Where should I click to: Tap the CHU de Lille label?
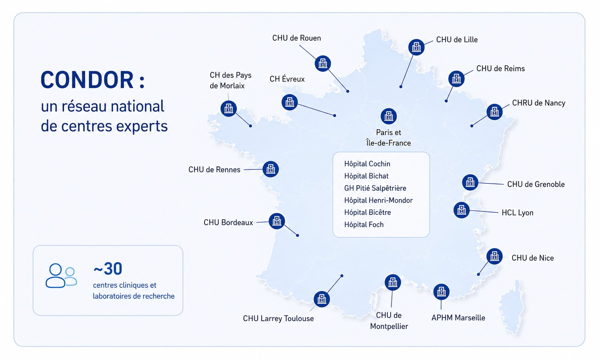[x=457, y=40]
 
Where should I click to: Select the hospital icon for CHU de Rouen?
[x=323, y=63]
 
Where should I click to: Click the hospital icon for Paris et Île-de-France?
[x=389, y=116]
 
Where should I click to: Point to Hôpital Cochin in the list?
[x=367, y=164]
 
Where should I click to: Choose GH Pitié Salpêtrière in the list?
[x=375, y=188]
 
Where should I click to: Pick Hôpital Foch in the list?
[x=364, y=224]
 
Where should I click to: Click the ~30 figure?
[x=108, y=269]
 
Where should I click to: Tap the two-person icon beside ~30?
[x=61, y=276]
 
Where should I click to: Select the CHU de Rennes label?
[x=214, y=170]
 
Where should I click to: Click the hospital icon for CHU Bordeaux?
[x=277, y=221]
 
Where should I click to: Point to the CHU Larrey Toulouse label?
[x=278, y=319]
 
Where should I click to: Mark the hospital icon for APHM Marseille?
[x=441, y=292]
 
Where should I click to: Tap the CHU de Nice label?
[x=532, y=258]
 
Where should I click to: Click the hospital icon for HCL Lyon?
[x=462, y=210]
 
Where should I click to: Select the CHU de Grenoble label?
[x=536, y=184]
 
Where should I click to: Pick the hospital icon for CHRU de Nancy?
[x=495, y=112]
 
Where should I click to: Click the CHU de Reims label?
[x=501, y=69]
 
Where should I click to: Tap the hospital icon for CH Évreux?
[x=290, y=102]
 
